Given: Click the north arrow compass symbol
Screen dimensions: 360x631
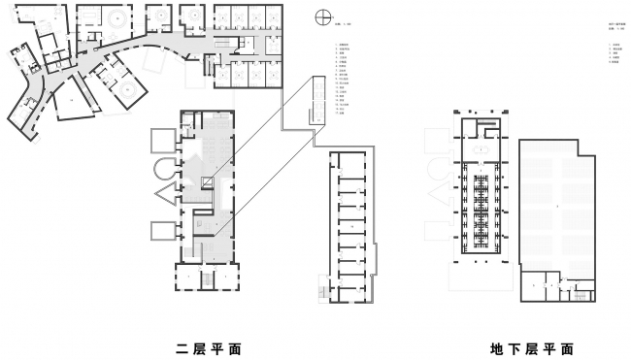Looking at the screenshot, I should click(322, 16).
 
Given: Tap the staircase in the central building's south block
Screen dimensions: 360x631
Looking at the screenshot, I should click(205, 279).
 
